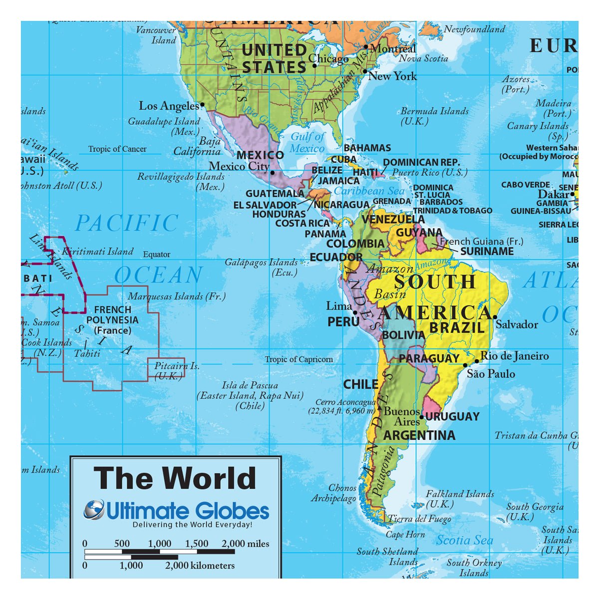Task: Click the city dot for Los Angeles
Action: point(202,105)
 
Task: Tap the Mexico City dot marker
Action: point(273,173)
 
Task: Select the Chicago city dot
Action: point(314,65)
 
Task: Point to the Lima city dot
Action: point(355,313)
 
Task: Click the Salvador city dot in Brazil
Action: point(495,316)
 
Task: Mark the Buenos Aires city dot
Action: point(421,417)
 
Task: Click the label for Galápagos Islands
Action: point(261,263)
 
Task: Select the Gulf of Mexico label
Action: point(307,142)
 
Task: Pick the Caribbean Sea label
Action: point(369,191)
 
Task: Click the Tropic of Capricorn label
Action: point(299,359)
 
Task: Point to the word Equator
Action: point(157,255)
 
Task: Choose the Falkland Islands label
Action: point(460,494)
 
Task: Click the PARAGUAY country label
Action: point(429,358)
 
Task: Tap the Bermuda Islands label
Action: point(434,111)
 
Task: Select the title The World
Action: point(175,478)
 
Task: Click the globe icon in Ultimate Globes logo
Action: point(94,510)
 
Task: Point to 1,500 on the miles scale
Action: point(197,544)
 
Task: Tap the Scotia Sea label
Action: point(464,540)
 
